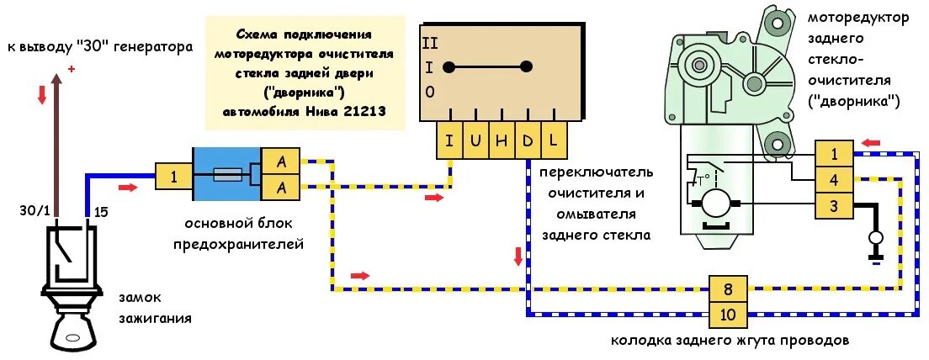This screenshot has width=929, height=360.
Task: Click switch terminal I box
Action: pos(450,140)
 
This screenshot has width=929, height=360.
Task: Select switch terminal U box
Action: pos(475,140)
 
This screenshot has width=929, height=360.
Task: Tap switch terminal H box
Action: pos(502,140)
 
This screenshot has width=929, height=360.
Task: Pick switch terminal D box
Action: pos(527,140)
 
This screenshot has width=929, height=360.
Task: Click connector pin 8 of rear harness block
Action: pos(728,289)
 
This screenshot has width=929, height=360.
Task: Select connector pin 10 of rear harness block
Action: pos(728,315)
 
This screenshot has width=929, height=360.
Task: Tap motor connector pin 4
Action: pos(833,180)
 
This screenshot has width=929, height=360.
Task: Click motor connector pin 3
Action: pos(833,206)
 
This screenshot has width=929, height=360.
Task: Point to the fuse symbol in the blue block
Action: pos(228,176)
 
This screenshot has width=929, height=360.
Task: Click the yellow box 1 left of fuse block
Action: pos(173,177)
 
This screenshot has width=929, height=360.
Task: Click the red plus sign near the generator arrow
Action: pos(72,69)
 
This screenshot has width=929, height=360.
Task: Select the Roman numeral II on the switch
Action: pos(431,41)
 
